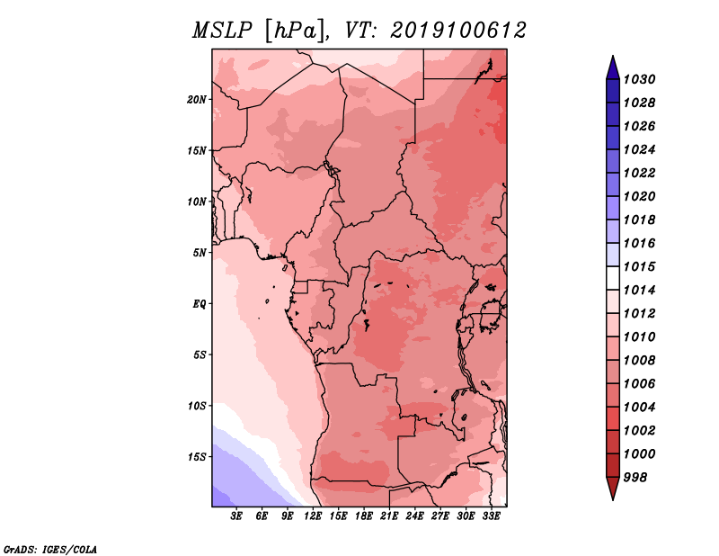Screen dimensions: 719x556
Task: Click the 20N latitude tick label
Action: [x=197, y=100]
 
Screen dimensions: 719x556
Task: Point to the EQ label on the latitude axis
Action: [x=200, y=303]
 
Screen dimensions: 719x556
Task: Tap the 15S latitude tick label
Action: [x=197, y=457]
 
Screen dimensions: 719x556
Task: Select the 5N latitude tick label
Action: [x=200, y=253]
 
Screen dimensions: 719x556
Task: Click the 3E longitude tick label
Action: [x=236, y=516]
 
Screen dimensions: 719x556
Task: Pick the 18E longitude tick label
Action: [x=364, y=516]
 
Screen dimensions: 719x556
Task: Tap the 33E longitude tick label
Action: [x=491, y=516]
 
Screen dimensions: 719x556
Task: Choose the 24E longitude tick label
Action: [x=414, y=516]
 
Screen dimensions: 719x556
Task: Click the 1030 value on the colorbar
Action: [x=639, y=79]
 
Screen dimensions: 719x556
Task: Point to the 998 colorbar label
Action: [x=635, y=478]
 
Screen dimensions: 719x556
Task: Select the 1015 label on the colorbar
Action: [x=639, y=266]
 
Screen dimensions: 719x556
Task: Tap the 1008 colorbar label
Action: [x=639, y=361]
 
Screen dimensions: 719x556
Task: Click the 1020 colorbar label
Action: [x=639, y=196]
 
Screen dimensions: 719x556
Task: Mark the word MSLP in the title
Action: [x=222, y=31]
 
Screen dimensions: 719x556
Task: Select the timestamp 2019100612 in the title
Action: [x=458, y=31]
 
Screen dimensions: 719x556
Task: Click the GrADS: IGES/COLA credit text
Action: [x=50, y=550]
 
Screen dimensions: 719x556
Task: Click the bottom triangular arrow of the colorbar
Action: [x=613, y=487]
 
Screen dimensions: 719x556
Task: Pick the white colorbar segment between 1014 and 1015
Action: [x=613, y=278]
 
